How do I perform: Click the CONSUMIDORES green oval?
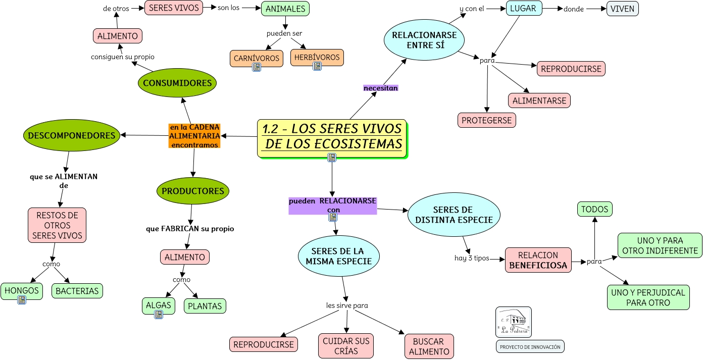pos(177,83)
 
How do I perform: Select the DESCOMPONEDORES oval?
pos(72,135)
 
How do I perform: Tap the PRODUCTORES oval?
pos(193,191)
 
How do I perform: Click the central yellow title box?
pos(332,137)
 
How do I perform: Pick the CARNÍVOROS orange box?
pos(256,58)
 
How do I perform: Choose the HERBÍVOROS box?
pos(317,57)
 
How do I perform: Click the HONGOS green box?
pos(21,291)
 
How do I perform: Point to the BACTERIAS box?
pos(77,291)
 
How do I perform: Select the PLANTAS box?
pos(205,306)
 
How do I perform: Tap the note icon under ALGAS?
pos(159,315)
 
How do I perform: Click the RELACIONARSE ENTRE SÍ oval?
pos(424,40)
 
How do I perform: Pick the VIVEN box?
pos(622,9)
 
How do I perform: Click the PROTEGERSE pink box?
pos(487,120)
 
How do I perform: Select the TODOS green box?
pos(594,209)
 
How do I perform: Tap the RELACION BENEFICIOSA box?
pos(538,260)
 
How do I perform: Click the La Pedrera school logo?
pos(513,322)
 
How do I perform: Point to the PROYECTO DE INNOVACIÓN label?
pos(530,347)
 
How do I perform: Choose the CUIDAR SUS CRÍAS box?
pos(346,346)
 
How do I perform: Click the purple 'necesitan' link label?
pos(381,88)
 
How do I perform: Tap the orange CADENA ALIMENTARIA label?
pos(194,136)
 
